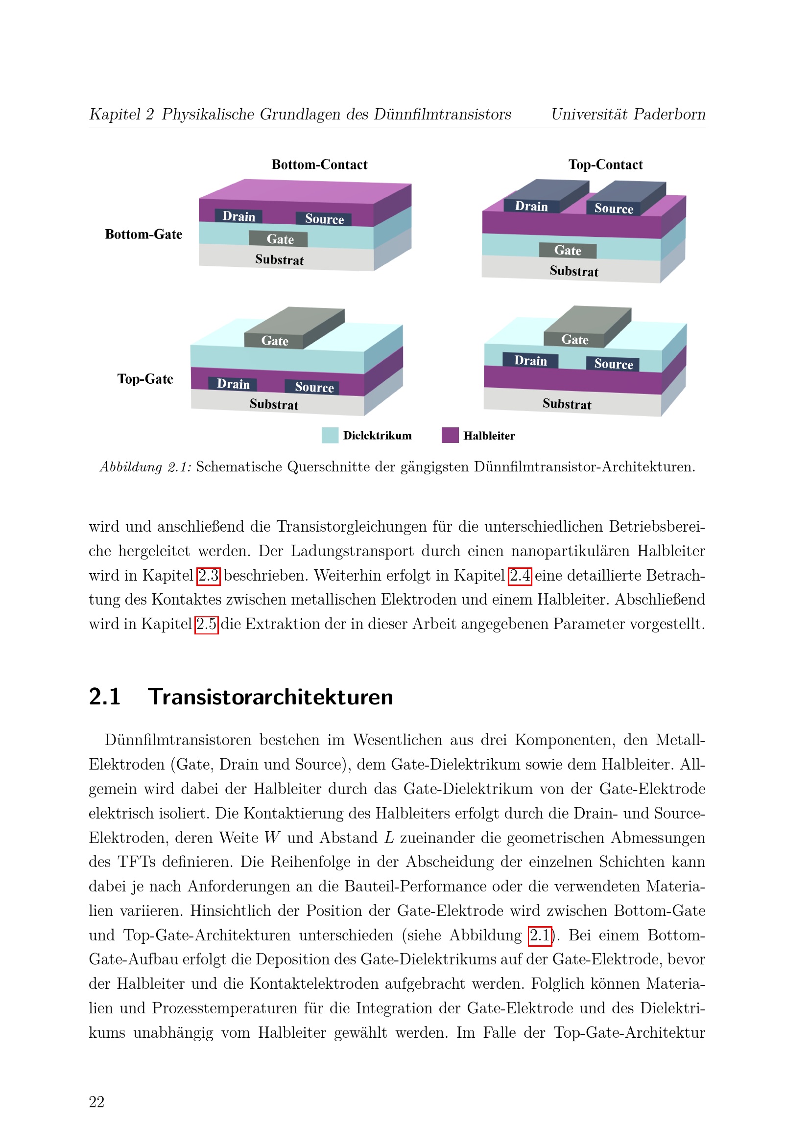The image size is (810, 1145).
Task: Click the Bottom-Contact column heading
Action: coord(319,164)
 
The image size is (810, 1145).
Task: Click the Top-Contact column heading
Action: coord(605,164)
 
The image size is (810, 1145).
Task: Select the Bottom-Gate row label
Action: coord(143,234)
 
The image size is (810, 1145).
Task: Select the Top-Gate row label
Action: coord(145,379)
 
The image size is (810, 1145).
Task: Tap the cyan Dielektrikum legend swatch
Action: coord(330,435)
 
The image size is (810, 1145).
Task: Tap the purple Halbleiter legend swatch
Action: coord(450,435)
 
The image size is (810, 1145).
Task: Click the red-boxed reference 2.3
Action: coord(209,576)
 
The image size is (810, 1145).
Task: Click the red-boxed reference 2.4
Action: coord(520,576)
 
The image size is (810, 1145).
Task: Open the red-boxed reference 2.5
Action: coord(207,624)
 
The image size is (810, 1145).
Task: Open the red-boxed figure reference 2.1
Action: coord(540,935)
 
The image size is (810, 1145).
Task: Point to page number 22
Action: coord(97,1101)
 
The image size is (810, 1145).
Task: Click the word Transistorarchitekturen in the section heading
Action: coord(270,697)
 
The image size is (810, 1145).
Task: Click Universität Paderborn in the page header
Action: coord(628,114)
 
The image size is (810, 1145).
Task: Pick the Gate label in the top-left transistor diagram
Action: coord(280,239)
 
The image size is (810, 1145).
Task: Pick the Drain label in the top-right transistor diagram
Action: coord(531,206)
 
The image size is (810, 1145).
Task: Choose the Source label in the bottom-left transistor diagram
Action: coord(314,387)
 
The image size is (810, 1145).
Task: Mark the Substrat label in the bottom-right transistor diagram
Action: coord(567,404)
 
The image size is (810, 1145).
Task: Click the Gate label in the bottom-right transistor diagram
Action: coord(574,340)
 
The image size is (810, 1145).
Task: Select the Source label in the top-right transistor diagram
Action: coord(614,209)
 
